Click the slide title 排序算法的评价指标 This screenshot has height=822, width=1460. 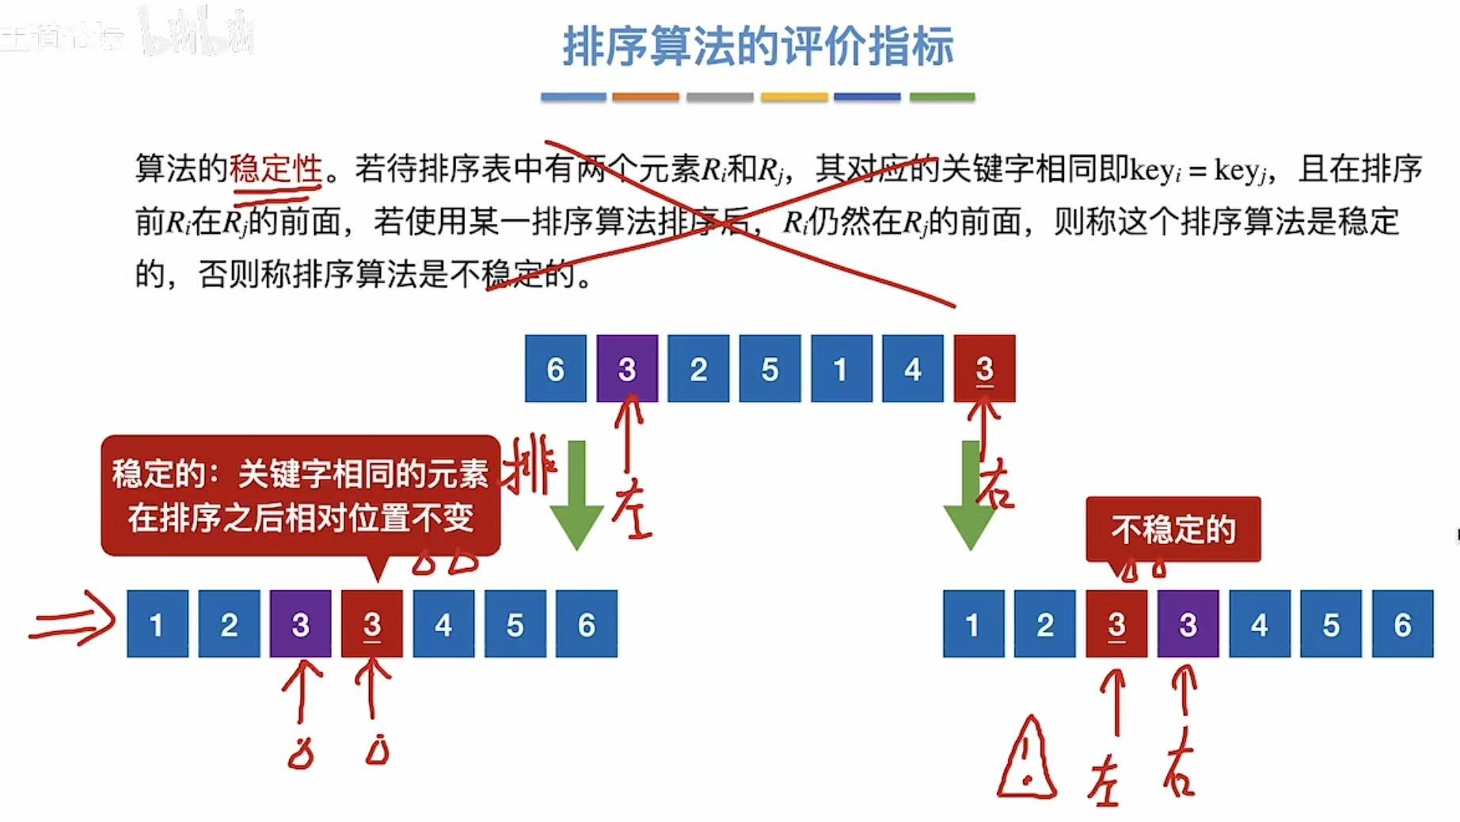coord(758,46)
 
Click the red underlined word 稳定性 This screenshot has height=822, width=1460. coord(276,169)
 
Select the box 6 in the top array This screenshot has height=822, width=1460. coord(555,369)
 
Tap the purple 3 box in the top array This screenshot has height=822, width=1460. coord(626,369)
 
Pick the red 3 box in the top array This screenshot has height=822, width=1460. coord(984,369)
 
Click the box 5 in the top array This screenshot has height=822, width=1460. coord(770,369)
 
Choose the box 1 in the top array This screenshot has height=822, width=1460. coord(841,369)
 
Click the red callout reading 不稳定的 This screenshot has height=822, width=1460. coord(1173,529)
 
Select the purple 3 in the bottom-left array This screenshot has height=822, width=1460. coord(300,624)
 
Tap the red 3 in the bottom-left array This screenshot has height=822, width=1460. coord(371,624)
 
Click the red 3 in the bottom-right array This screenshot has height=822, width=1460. coord(1116,624)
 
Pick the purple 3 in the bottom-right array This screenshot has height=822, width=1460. coord(1188,624)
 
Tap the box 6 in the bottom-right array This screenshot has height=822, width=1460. coord(1402,624)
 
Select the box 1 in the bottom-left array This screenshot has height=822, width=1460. coord(157,624)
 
